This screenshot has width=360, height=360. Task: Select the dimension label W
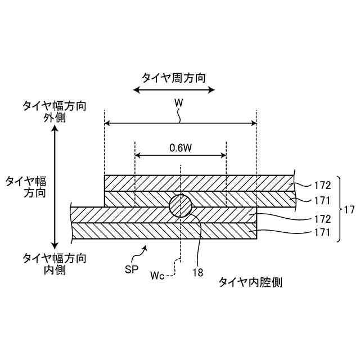point(179,103)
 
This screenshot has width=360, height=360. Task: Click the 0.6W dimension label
point(181,148)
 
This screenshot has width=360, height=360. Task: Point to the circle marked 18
point(181,206)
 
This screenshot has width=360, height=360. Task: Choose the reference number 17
point(349,209)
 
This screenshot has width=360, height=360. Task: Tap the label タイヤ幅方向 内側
point(54,263)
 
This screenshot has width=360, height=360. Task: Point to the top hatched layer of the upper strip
point(199,183)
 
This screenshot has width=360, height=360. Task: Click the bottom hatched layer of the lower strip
point(163,230)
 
